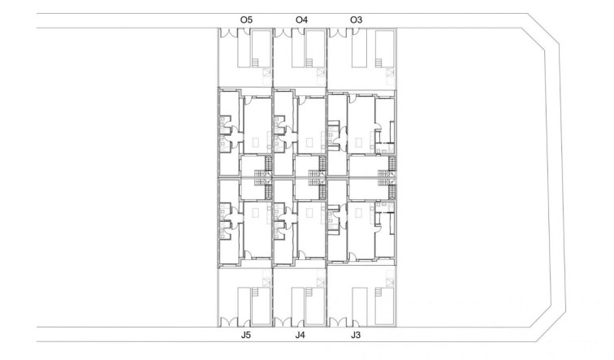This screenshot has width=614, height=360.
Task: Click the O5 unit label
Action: [x=246, y=20]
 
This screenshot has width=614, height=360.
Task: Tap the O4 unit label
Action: [x=301, y=20]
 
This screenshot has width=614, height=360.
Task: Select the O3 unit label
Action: [x=356, y=20]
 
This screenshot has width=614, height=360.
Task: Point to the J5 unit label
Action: [x=246, y=336]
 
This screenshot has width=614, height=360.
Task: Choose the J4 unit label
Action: [x=301, y=336]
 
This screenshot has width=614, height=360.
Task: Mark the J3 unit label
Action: [x=356, y=336]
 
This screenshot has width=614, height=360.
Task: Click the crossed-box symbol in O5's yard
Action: [x=266, y=72]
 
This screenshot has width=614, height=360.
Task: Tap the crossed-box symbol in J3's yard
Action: [x=390, y=283]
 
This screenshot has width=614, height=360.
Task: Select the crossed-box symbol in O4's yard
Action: [x=321, y=72]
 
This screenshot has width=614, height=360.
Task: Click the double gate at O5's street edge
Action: [x=229, y=33]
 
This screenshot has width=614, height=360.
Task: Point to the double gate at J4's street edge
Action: [x=283, y=322]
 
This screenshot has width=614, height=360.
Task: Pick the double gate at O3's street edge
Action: [x=338, y=33]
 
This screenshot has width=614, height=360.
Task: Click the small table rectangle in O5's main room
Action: [x=255, y=142]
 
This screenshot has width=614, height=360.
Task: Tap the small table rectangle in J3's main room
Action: [x=358, y=213]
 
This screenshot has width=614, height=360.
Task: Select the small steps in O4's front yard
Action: [x=309, y=63]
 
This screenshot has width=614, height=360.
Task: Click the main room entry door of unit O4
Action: [x=302, y=100]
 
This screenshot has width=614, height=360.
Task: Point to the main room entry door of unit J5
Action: [x=248, y=254]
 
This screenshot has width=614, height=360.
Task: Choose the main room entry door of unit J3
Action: [x=352, y=256]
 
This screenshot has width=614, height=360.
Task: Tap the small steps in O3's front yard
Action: [x=378, y=63]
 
